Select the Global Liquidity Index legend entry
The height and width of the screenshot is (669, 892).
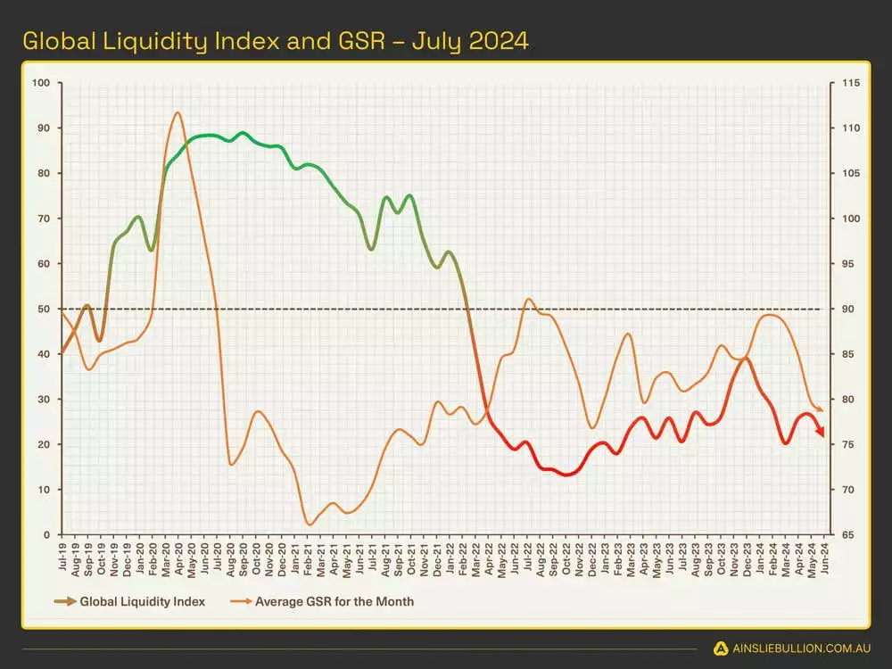click(142, 601)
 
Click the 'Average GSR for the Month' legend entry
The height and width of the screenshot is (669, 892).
click(334, 601)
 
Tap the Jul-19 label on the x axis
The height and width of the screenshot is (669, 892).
click(62, 557)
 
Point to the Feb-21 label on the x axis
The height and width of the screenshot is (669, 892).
click(309, 557)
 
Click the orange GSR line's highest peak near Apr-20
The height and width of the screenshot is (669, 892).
click(178, 112)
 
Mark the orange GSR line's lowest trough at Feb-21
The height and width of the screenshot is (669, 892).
click(309, 524)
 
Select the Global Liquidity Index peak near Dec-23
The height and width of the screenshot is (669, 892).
click(745, 359)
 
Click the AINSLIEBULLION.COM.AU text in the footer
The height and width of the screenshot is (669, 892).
click(798, 648)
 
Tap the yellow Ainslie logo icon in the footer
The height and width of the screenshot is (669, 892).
click(722, 648)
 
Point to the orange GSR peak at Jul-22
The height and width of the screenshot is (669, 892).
click(528, 299)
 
